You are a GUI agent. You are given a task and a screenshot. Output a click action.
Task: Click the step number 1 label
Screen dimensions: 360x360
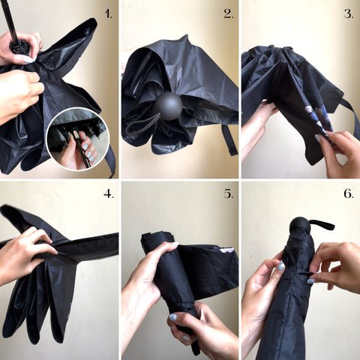pyautogui.click(x=108, y=14)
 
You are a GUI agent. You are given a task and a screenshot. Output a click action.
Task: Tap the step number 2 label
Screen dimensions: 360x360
pyautogui.click(x=229, y=14)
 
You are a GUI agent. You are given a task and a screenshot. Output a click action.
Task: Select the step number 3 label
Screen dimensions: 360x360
pyautogui.click(x=349, y=14)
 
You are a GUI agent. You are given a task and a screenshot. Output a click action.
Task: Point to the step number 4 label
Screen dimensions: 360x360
pyautogui.click(x=109, y=193)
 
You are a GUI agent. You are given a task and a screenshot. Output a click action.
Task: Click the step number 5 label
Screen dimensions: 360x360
pyautogui.click(x=229, y=193)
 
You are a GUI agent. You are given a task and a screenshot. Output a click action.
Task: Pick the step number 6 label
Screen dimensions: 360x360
pyautogui.click(x=349, y=193)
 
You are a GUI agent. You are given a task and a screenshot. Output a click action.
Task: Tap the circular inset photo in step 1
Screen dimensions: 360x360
pyautogui.click(x=78, y=139)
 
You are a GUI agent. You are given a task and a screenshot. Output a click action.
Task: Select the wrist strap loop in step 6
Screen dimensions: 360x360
pyautogui.click(x=322, y=224)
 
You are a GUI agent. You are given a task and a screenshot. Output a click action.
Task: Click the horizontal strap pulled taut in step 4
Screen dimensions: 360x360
pyautogui.click(x=88, y=246)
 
